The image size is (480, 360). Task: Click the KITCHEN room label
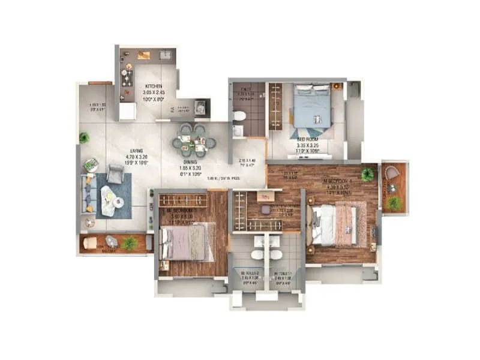click(152, 86)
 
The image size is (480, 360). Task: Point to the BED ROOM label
click(308, 139)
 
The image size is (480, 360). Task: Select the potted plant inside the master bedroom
click(367, 174)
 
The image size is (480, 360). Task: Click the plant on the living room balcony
click(128, 243)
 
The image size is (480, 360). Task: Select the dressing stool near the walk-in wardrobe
click(265, 196)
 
